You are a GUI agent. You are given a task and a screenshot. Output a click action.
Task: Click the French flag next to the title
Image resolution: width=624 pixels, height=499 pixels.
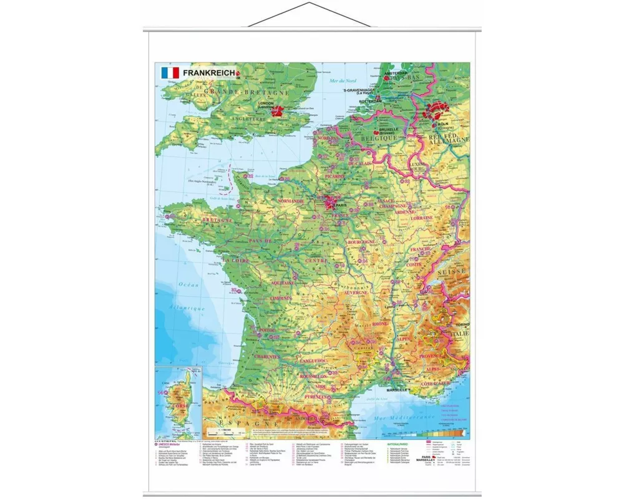point(170,73)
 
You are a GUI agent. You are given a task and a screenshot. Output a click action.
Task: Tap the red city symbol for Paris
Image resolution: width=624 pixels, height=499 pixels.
point(329,201)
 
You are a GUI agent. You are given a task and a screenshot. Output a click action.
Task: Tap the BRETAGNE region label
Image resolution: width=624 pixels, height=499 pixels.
point(215,220)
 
